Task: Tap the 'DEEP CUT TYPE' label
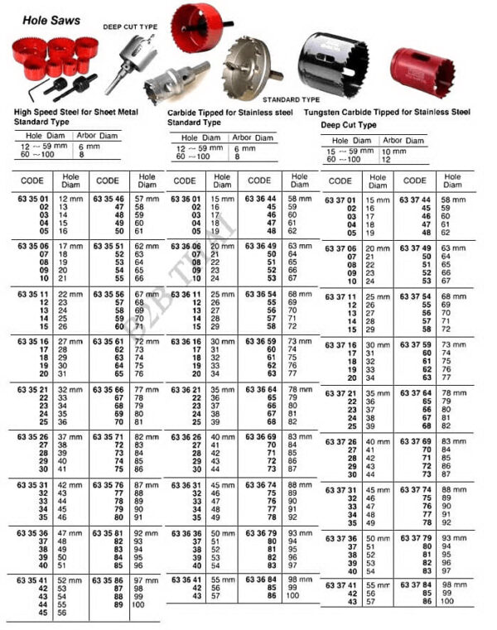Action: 129,26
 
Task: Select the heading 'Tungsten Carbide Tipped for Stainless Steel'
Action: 387,111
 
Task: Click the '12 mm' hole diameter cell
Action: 70,200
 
